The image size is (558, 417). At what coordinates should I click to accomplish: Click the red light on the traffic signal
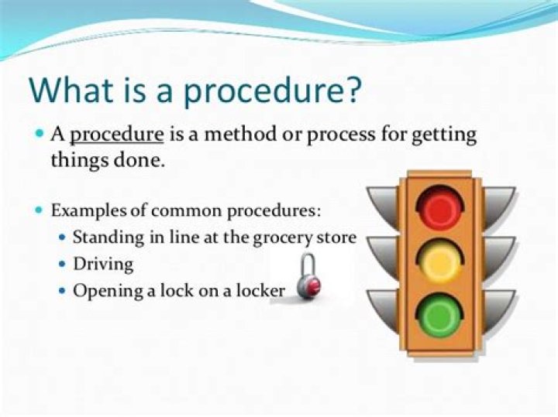pyautogui.click(x=440, y=207)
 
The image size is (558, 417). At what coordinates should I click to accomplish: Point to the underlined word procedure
pyautogui.click(x=117, y=135)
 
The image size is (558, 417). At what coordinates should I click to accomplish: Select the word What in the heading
pyautogui.click(x=71, y=89)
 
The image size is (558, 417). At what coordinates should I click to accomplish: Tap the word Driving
pyautogui.click(x=103, y=265)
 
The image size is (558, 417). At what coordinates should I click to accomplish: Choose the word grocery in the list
pyautogui.click(x=283, y=238)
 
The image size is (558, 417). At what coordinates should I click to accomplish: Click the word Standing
pyautogui.click(x=108, y=238)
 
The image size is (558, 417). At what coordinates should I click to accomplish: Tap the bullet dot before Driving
pyautogui.click(x=63, y=265)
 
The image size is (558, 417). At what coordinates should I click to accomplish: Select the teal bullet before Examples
pyautogui.click(x=40, y=210)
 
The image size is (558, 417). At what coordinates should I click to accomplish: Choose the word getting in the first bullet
pyautogui.click(x=444, y=135)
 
